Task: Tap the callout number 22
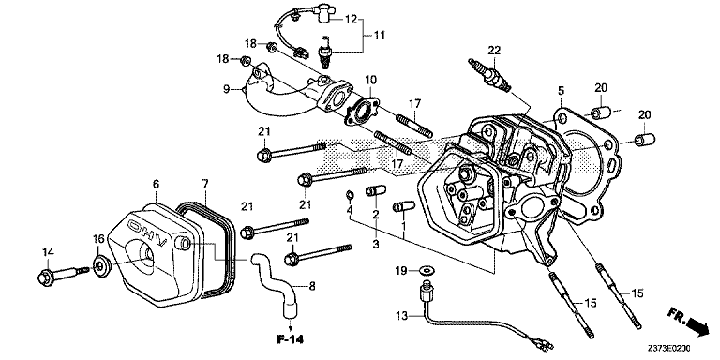(x=494, y=50)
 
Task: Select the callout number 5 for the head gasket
(x=561, y=90)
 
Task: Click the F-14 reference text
(x=291, y=339)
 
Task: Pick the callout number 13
(x=401, y=316)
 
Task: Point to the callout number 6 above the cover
(x=157, y=184)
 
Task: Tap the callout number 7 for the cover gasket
(x=204, y=184)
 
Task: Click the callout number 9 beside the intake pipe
(x=226, y=89)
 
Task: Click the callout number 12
(x=351, y=20)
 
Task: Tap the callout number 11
(x=380, y=35)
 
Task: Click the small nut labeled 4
(x=349, y=196)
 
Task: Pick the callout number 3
(x=376, y=245)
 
